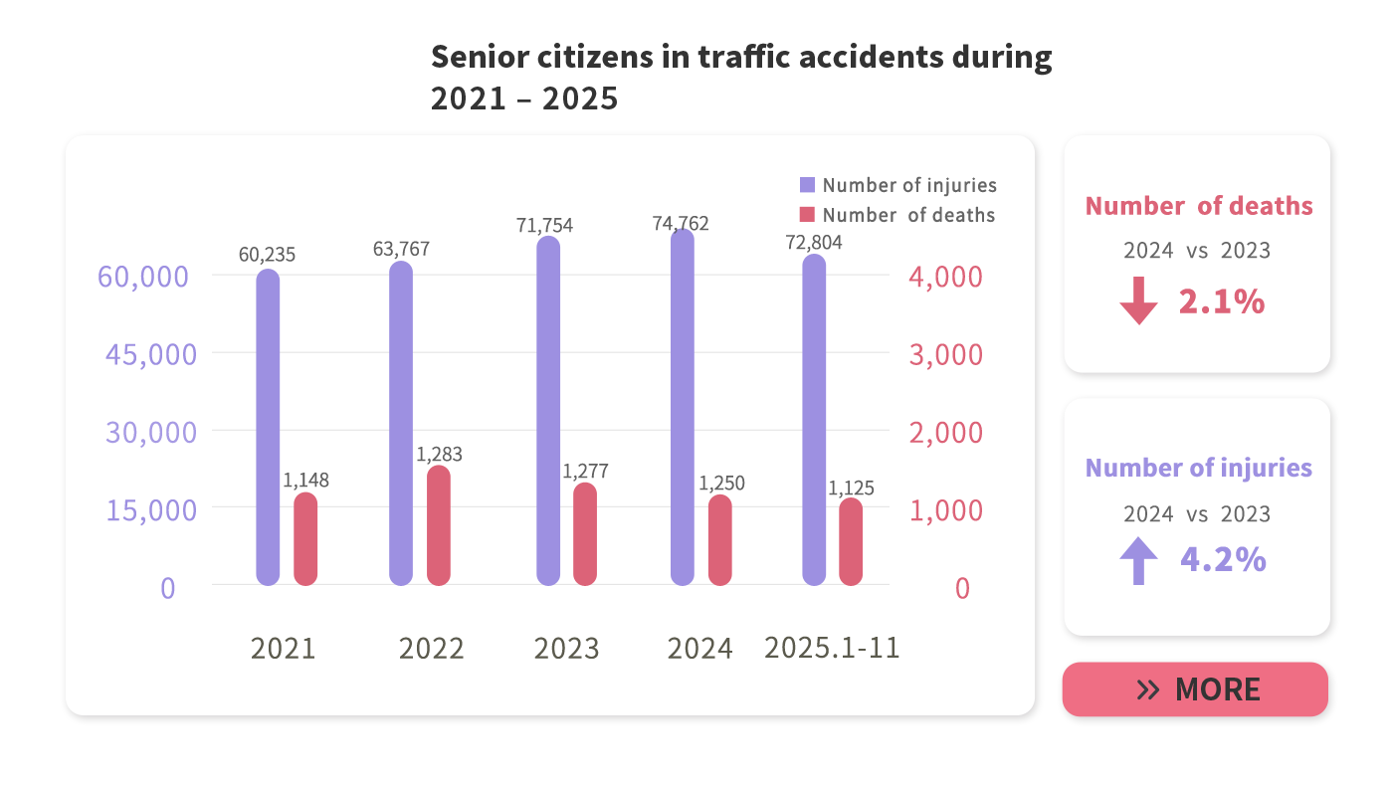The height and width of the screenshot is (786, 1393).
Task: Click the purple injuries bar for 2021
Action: pyautogui.click(x=268, y=428)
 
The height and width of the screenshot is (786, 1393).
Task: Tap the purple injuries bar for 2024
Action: pyautogui.click(x=682, y=408)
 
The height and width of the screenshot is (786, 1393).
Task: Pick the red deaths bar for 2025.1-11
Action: pyautogui.click(x=851, y=541)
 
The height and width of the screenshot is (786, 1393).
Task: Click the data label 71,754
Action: pyautogui.click(x=544, y=226)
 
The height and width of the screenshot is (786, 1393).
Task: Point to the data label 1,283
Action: pyautogui.click(x=439, y=455)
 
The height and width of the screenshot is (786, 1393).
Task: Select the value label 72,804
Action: pyautogui.click(x=814, y=242)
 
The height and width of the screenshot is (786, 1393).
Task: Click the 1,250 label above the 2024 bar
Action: pyautogui.click(x=721, y=484)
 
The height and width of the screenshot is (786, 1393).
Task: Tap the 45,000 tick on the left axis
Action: pyautogui.click(x=151, y=354)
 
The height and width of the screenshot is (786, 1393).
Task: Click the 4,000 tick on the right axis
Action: pyautogui.click(x=945, y=277)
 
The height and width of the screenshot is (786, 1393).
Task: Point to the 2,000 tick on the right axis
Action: pyautogui.click(x=945, y=433)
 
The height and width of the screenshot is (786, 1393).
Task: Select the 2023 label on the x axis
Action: pyautogui.click(x=566, y=649)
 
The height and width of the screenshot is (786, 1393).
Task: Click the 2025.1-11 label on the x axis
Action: pyautogui.click(x=832, y=648)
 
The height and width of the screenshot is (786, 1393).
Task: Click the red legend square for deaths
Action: pyautogui.click(x=807, y=214)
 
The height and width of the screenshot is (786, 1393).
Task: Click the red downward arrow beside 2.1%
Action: pyautogui.click(x=1138, y=301)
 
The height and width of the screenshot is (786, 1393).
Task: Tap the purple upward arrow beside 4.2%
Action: pyautogui.click(x=1138, y=560)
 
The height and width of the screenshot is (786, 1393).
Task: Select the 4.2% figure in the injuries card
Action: pyautogui.click(x=1223, y=560)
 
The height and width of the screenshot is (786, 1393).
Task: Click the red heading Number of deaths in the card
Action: pyautogui.click(x=1198, y=206)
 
